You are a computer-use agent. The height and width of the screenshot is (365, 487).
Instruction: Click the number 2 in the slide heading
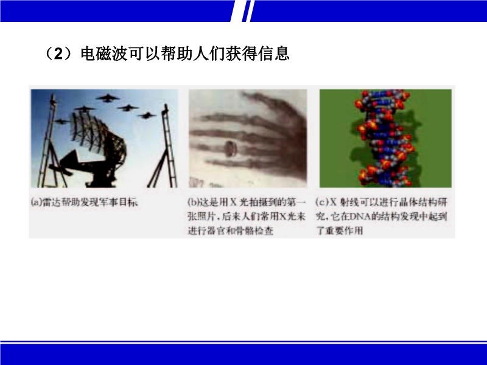(x=58, y=54)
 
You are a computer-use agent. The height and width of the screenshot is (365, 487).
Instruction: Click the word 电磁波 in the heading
(x=104, y=54)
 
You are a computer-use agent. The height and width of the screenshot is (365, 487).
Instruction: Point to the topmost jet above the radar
(x=108, y=99)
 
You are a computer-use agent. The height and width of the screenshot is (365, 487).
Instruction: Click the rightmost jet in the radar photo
(x=147, y=116)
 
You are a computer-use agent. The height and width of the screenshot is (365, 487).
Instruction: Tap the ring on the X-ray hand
(x=230, y=148)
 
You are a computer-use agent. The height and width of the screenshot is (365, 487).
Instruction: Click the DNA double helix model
(x=385, y=138)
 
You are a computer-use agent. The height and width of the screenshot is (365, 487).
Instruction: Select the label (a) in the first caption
(x=37, y=203)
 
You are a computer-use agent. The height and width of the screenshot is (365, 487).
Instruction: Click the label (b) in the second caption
(x=193, y=202)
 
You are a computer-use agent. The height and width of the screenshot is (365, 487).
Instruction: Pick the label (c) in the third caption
(x=323, y=202)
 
